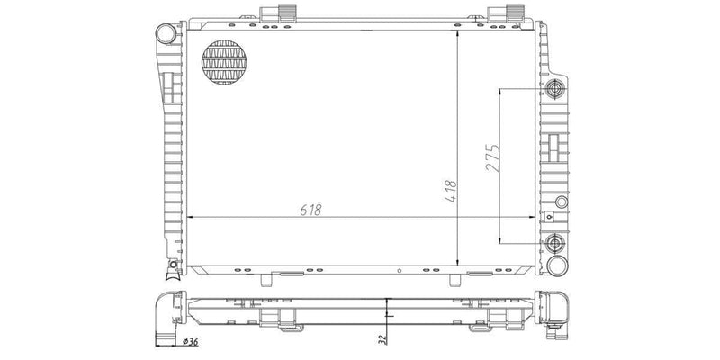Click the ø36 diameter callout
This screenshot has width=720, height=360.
(x=190, y=341)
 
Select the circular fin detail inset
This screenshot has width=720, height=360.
(x=224, y=65)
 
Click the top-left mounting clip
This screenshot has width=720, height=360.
(x=274, y=13)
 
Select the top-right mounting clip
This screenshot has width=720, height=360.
(x=500, y=13)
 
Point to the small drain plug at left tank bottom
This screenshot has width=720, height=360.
(x=171, y=265)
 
